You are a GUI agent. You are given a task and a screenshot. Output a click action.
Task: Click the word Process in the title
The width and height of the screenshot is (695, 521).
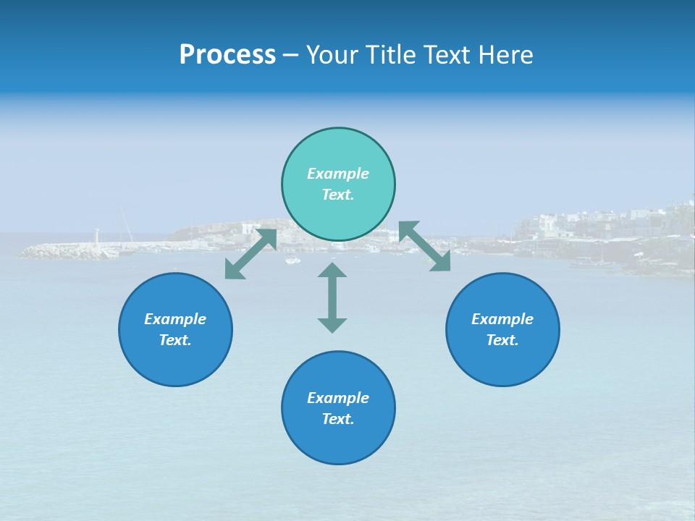(x=227, y=55)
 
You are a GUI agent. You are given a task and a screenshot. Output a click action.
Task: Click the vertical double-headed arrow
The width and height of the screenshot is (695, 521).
(x=332, y=297)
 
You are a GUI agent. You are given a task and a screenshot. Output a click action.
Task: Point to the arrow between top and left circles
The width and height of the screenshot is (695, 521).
(x=250, y=254)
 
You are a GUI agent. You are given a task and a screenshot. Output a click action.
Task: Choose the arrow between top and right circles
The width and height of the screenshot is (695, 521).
(x=425, y=247)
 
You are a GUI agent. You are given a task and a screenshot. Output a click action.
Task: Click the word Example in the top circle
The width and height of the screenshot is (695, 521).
(x=338, y=174)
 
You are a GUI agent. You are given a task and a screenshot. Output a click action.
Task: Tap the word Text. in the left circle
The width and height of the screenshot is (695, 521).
(x=175, y=340)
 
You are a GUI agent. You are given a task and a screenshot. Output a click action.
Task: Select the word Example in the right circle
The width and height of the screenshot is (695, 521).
(x=502, y=319)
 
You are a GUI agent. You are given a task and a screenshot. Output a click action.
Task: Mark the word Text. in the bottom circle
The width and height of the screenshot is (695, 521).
(x=338, y=419)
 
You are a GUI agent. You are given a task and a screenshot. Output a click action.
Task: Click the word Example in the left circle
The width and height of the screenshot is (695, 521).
(x=175, y=319)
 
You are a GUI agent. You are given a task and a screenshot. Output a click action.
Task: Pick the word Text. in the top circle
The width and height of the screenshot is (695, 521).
(x=338, y=195)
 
